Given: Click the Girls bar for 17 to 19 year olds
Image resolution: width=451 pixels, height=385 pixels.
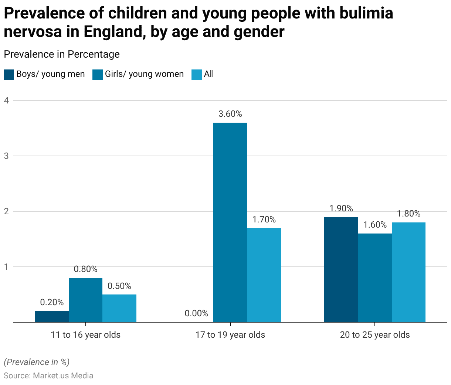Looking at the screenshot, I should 230,222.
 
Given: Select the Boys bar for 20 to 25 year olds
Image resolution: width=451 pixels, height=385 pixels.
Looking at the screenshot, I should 341,269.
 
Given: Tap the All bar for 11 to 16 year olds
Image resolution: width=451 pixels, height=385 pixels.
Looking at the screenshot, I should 119,308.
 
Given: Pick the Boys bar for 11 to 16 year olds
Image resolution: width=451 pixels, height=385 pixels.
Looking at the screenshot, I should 52,316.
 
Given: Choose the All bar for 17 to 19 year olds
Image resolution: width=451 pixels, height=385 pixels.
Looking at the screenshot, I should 264,275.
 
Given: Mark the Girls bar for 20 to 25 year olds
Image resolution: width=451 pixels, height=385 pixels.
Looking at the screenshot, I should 375,277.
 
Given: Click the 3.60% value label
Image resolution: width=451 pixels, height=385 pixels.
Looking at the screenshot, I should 230,114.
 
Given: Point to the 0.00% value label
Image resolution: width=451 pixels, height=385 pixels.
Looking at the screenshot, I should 196,314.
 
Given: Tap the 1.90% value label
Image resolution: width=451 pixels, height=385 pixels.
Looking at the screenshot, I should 341,208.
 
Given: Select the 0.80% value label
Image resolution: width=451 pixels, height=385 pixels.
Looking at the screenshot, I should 85,269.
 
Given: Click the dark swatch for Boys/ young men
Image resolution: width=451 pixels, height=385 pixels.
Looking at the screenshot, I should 9,74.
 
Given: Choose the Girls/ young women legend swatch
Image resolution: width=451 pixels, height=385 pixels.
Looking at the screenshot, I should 98,74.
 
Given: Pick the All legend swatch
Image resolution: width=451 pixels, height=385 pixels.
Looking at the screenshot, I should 196,74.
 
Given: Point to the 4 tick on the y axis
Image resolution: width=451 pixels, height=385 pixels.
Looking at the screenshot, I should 6,100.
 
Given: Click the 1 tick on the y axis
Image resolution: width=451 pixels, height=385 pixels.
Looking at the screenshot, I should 6,266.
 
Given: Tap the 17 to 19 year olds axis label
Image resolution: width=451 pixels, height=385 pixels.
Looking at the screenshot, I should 230,335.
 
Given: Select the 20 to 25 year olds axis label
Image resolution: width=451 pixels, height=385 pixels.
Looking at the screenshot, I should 375,335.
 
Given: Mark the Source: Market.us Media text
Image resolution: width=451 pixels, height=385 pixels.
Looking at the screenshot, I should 48,376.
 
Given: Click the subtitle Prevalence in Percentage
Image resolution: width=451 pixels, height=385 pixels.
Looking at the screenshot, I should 62,54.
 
